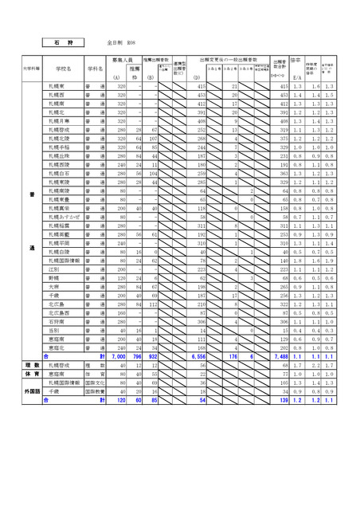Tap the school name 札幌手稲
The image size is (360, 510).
tap(58, 147)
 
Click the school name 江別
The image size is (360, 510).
tap(53, 269)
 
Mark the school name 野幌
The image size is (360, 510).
tap(53, 277)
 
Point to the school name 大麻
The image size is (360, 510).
tap(53, 286)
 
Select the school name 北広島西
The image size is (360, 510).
tap(58, 312)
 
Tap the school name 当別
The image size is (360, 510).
tap(53, 330)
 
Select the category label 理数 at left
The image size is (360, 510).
tap(33, 365)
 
